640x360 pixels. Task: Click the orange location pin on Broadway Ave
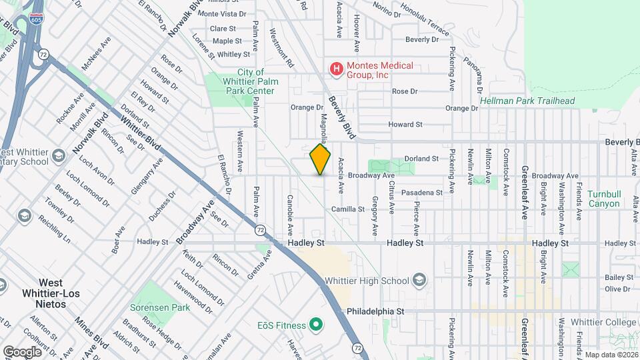coord(320,159)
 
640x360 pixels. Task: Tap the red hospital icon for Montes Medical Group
coord(337,69)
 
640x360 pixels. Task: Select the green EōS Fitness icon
coord(317,325)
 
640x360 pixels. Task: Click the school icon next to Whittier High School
coord(419,279)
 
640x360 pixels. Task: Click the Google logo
coord(22,351)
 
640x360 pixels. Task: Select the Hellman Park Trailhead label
coord(527,101)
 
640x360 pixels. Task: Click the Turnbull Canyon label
coord(603,199)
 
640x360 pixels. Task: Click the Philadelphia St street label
coord(375,311)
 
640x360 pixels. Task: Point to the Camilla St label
coord(348,209)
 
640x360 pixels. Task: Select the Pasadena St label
coord(422,193)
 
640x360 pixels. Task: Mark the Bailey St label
coord(618,277)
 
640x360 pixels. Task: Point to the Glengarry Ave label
coord(146,177)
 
